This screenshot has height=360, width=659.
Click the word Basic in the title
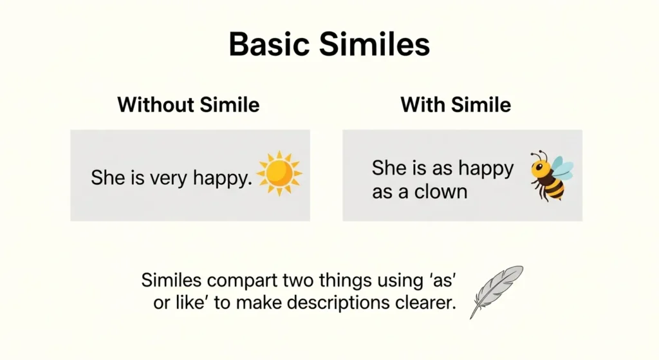point(269,44)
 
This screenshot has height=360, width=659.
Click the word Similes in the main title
point(375,44)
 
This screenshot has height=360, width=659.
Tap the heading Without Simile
point(189,104)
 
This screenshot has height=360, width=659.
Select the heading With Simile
point(456,104)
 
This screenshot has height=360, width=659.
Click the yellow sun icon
point(279,173)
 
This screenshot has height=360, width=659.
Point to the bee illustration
point(551,175)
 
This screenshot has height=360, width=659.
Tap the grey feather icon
point(496,292)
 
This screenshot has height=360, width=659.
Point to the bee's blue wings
point(561,168)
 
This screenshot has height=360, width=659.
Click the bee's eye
point(539,167)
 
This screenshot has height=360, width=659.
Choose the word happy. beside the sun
point(223,178)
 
